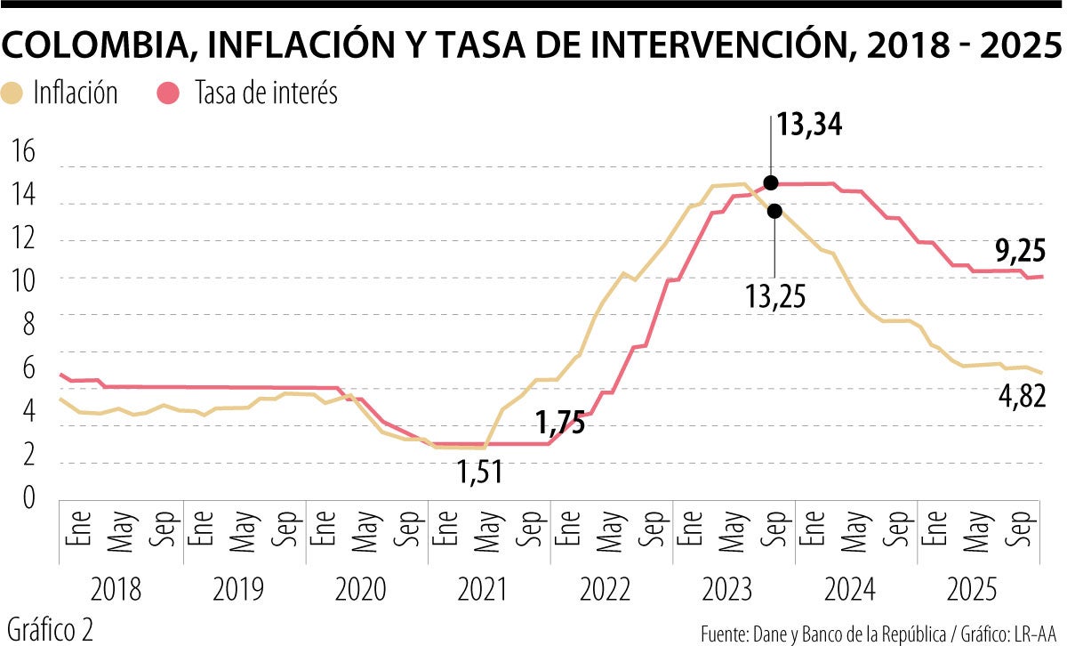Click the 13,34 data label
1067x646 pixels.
coord(808,125)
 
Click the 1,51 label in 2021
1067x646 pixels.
coord(480,472)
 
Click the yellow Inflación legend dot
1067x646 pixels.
coord(14,93)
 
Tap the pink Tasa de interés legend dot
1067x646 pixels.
coord(168,93)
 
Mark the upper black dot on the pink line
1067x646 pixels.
coord(771,182)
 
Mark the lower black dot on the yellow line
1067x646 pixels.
coord(774,211)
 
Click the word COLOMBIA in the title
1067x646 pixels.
coord(97,46)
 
